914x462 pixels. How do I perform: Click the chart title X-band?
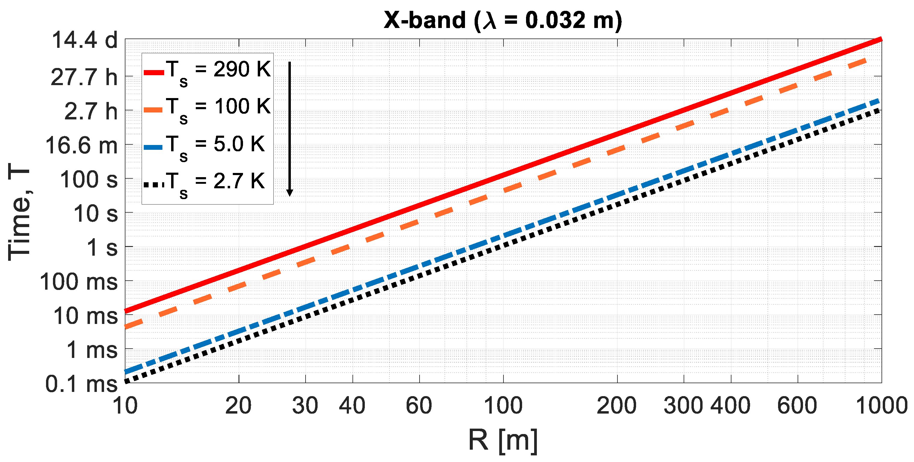click(x=503, y=20)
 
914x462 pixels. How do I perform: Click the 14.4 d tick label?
click(x=85, y=40)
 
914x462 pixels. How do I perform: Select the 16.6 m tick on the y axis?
click(x=81, y=146)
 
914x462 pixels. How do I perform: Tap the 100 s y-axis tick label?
click(x=89, y=180)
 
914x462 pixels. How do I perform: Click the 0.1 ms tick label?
click(x=81, y=384)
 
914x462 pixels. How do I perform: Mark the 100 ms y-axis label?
click(x=78, y=282)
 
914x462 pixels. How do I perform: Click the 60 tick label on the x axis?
click(x=419, y=405)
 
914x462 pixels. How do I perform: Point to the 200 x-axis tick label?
click(x=616, y=405)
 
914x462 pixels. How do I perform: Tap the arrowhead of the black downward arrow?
click(x=290, y=193)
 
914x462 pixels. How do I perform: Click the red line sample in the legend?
click(x=154, y=73)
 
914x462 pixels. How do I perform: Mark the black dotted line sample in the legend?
click(x=154, y=184)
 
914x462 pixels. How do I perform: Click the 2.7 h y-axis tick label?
click(x=91, y=111)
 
